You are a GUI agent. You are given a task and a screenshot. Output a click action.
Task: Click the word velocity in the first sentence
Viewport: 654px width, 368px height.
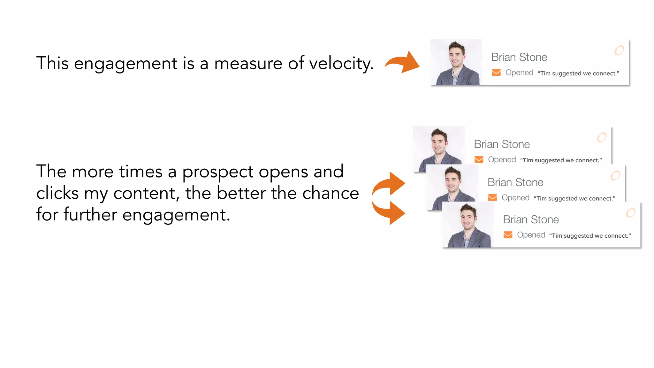tap(341, 64)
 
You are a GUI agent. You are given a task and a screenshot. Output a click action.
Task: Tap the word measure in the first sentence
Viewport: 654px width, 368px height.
tap(248, 64)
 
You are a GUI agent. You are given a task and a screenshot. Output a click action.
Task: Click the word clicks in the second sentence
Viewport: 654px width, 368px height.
tap(57, 194)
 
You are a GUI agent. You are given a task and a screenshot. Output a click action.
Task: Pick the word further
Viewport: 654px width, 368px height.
tap(90, 215)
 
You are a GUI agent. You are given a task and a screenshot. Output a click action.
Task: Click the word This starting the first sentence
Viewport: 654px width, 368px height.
tap(52, 63)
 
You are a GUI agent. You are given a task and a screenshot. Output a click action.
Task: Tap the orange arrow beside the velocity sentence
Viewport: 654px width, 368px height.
tap(403, 62)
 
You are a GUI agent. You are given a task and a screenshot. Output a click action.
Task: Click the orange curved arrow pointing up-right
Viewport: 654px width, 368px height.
tap(389, 184)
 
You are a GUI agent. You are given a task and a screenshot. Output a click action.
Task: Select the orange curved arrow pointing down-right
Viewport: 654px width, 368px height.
tap(389, 212)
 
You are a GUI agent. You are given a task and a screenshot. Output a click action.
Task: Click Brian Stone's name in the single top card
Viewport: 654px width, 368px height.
tap(519, 57)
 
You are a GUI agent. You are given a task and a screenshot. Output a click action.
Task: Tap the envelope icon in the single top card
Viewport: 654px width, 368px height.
tap(496, 73)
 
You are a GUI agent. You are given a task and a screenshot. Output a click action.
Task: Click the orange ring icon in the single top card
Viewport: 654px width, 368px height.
tap(619, 50)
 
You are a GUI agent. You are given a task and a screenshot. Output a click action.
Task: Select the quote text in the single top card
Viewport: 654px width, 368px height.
tap(578, 73)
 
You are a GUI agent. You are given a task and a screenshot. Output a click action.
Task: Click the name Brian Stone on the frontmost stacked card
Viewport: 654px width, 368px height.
tap(531, 220)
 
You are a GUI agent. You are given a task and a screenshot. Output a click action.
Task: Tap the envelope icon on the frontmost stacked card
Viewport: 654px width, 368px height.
tap(508, 235)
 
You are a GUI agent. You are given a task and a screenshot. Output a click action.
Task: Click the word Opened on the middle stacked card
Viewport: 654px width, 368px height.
tap(515, 198)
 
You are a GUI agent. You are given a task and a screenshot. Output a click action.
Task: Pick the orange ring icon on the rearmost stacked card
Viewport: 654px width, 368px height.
tap(602, 137)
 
